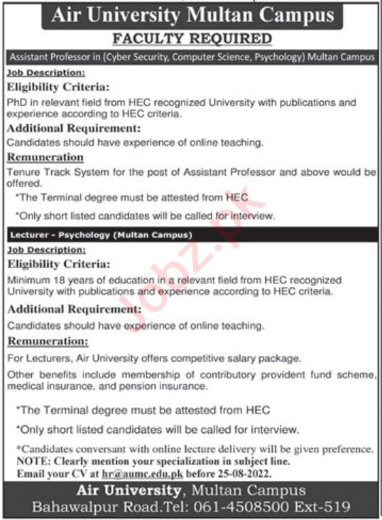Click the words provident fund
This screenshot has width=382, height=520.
tap(293, 374)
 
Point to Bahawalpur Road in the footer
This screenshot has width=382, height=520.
tap(85, 507)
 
